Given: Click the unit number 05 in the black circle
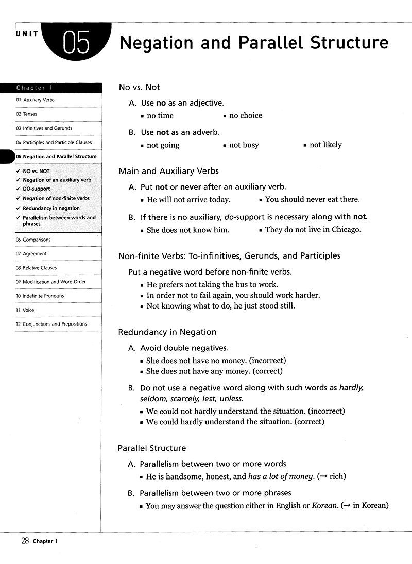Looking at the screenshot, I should tap(76, 42).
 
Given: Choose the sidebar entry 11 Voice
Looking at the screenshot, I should tap(25, 310).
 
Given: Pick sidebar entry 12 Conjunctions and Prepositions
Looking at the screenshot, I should tap(51, 324).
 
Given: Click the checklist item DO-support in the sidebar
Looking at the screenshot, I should tap(36, 189).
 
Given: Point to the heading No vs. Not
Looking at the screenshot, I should tap(139, 87).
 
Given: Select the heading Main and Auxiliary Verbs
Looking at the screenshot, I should tap(168, 171).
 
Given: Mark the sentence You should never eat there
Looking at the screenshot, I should tap(312, 199).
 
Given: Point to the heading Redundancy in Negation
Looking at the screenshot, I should tap(167, 332).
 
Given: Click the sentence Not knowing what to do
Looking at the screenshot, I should tap(220, 306).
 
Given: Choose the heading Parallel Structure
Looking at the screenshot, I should tap(152, 448).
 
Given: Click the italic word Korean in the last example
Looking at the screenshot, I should tap(324, 506).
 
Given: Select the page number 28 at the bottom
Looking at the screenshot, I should tap(25, 540).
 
